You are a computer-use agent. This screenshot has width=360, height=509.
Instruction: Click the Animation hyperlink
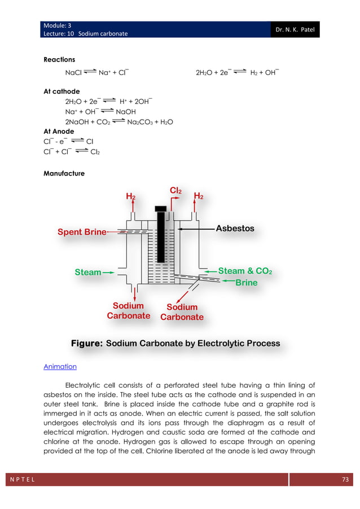tap(60, 367)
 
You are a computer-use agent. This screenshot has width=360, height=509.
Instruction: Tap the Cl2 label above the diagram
tap(175, 191)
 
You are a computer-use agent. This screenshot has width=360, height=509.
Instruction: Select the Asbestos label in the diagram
tap(235, 229)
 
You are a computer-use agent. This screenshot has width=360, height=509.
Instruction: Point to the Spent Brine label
tap(82, 232)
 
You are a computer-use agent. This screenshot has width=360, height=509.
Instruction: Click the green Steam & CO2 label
tap(245, 271)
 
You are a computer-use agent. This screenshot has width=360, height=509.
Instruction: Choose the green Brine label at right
tap(246, 282)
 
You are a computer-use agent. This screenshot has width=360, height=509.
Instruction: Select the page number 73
tap(346, 480)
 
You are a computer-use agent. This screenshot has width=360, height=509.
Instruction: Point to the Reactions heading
tap(59, 59)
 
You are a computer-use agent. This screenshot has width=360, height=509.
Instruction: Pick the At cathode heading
tap(62, 91)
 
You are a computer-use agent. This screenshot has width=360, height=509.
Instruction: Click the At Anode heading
tap(59, 131)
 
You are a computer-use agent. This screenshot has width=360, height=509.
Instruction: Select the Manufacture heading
tap(64, 173)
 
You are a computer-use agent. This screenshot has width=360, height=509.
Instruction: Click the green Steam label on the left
tap(88, 273)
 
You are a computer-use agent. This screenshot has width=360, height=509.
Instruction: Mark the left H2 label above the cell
tap(130, 196)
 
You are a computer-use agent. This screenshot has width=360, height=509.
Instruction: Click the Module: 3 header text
tap(57, 25)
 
